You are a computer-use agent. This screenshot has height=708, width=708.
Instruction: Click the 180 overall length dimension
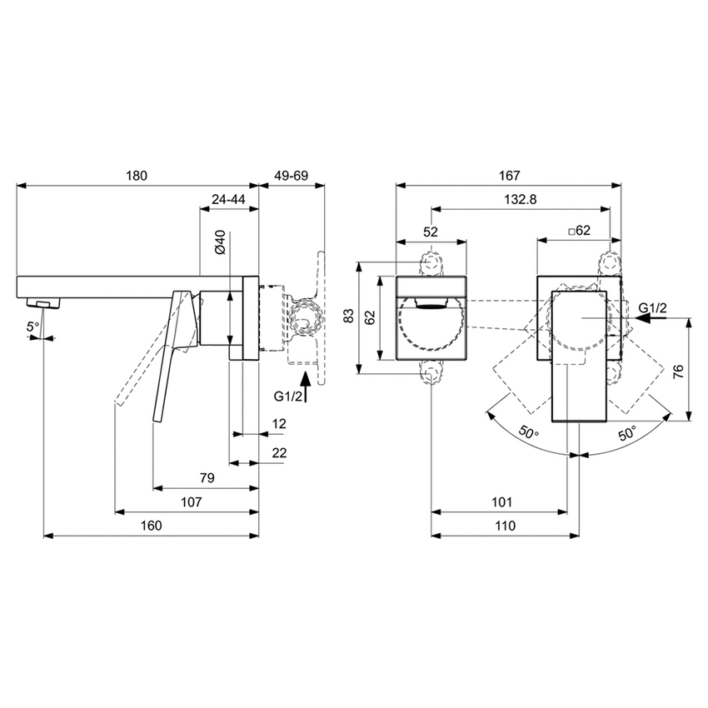[137, 176]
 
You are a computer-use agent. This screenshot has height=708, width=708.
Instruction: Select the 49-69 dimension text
[291, 176]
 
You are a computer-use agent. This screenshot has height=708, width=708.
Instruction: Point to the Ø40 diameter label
[219, 242]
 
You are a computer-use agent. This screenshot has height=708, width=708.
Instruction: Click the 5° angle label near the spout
[32, 327]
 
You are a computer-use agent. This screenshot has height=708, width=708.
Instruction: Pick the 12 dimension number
[278, 424]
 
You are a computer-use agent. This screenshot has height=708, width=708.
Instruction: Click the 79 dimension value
[207, 477]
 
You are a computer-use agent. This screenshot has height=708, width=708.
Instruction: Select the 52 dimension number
[431, 232]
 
